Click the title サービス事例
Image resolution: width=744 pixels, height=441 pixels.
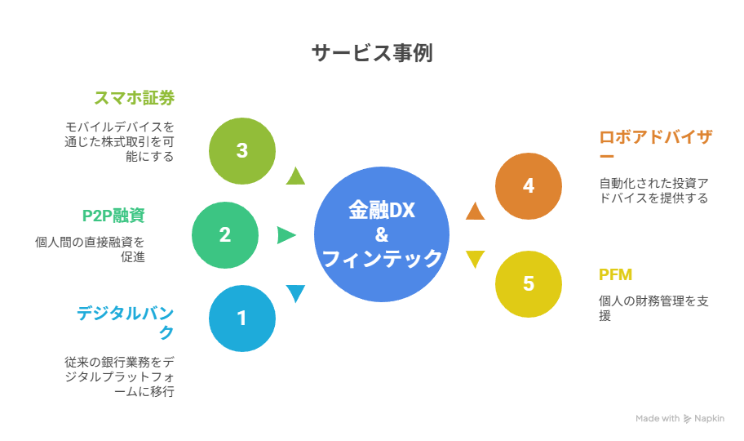click(372, 53)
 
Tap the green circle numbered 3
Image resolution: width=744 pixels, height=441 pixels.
click(242, 151)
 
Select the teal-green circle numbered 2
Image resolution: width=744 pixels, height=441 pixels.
click(225, 235)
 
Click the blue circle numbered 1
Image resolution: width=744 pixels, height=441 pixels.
click(242, 318)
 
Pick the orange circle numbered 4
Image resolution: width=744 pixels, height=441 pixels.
click(529, 186)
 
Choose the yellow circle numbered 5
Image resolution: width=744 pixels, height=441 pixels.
click(529, 284)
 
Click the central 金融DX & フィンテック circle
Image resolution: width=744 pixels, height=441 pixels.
click(382, 234)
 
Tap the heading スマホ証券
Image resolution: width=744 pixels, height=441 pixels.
click(135, 98)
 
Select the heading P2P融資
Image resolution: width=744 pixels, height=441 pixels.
click(113, 216)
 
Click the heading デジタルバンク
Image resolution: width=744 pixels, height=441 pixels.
click(126, 323)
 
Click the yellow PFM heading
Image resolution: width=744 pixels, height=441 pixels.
click(615, 274)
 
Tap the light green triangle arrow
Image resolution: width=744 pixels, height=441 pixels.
click(295, 176)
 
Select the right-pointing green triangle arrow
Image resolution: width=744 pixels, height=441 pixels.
click(286, 235)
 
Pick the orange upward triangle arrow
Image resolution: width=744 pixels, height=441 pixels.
click(475, 211)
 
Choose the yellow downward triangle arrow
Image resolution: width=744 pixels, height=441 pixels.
click(475, 260)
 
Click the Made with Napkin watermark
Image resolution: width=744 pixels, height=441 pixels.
click(680, 419)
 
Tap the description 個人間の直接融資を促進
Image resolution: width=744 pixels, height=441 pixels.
click(90, 249)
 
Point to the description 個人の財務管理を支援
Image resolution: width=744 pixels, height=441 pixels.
click(653, 308)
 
